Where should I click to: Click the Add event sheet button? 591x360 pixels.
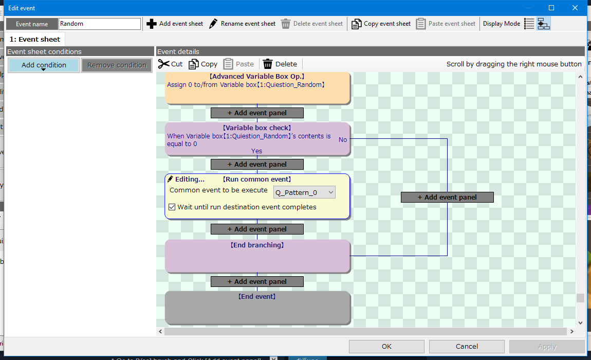175,24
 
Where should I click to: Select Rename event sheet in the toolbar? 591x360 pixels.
243,24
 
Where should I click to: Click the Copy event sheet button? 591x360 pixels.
381,24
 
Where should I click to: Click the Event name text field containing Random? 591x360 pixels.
100,24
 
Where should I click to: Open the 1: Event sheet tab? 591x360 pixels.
34,39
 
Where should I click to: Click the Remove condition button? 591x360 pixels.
117,65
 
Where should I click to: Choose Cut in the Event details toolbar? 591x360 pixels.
171,64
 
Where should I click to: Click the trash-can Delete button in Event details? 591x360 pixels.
280,64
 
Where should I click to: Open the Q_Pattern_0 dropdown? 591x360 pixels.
305,192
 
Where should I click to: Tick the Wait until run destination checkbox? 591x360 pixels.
172,207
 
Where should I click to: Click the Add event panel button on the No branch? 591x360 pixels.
447,197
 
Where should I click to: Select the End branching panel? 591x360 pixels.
257,256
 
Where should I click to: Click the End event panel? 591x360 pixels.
257,308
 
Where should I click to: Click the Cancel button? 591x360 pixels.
467,347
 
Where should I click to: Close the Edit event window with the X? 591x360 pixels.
575,8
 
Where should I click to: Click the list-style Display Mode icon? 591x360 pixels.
529,24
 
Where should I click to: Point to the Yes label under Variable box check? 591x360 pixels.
256,151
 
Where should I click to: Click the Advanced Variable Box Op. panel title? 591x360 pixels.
257,77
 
